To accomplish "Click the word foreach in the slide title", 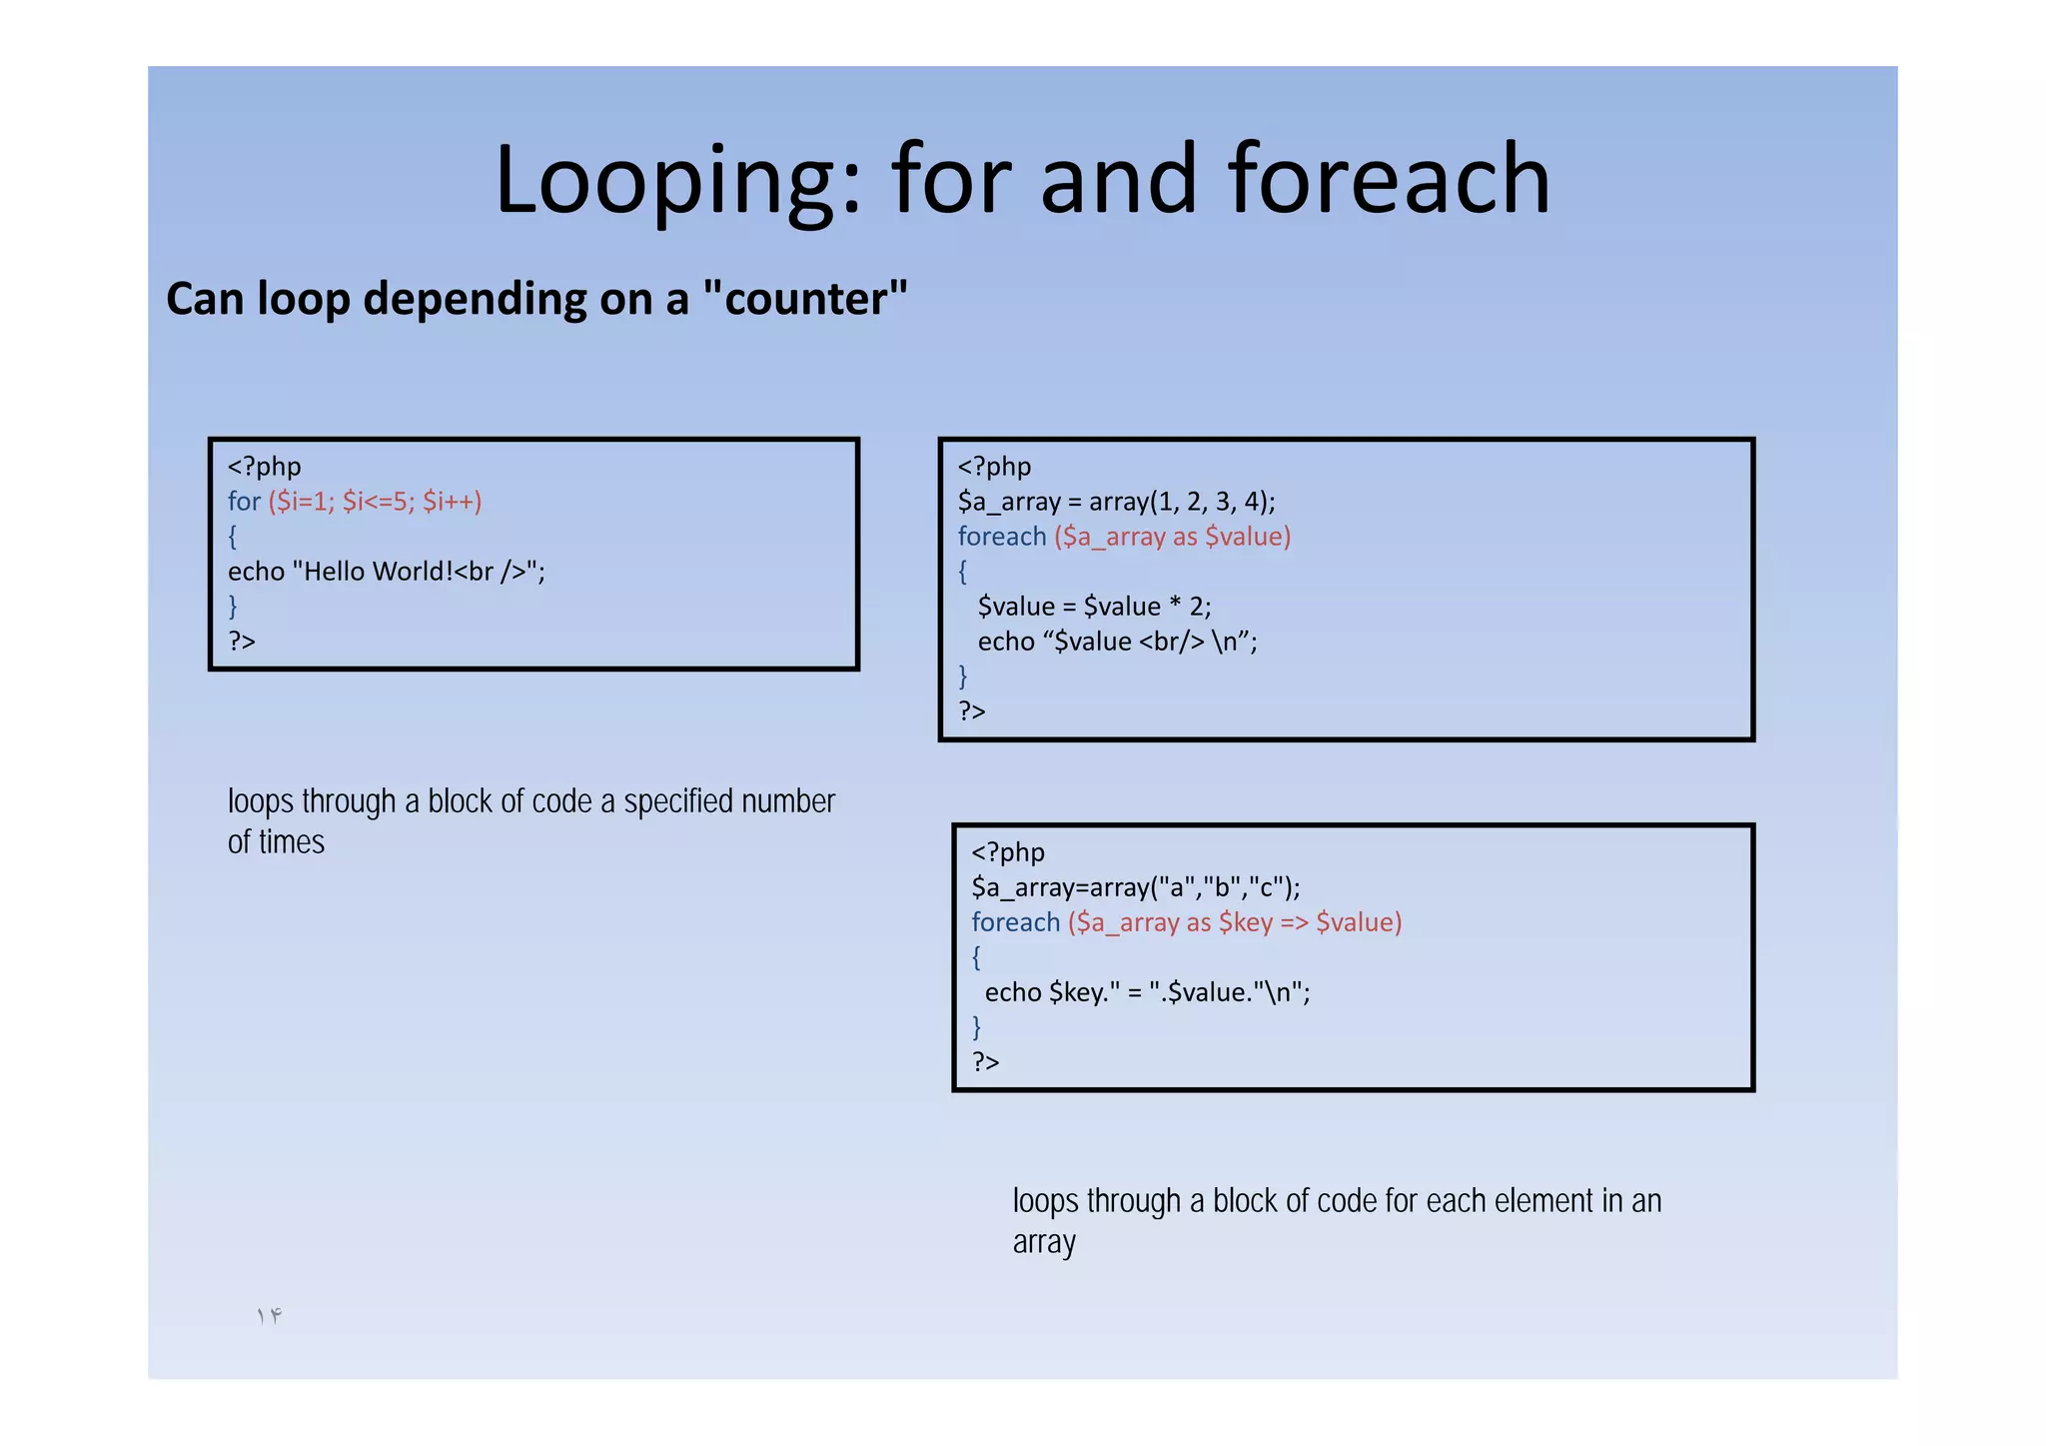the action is pos(1389,180).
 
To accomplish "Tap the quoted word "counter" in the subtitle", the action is pos(805,299).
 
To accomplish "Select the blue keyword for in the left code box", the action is pos(244,502).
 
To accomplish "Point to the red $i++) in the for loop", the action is pos(452,502).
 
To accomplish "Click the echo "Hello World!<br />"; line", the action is pos(386,572).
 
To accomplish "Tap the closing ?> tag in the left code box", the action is pos(242,642).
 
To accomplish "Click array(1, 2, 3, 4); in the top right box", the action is pos(1182,502).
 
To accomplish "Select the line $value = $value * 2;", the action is pos(1094,607).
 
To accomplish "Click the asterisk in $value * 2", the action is pos(1175,605).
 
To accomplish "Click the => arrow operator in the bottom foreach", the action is pos(1294,922).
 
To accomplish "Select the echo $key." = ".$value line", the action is pos(1147,992).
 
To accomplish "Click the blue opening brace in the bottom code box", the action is pos(976,957).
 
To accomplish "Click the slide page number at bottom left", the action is pos(269,1316).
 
